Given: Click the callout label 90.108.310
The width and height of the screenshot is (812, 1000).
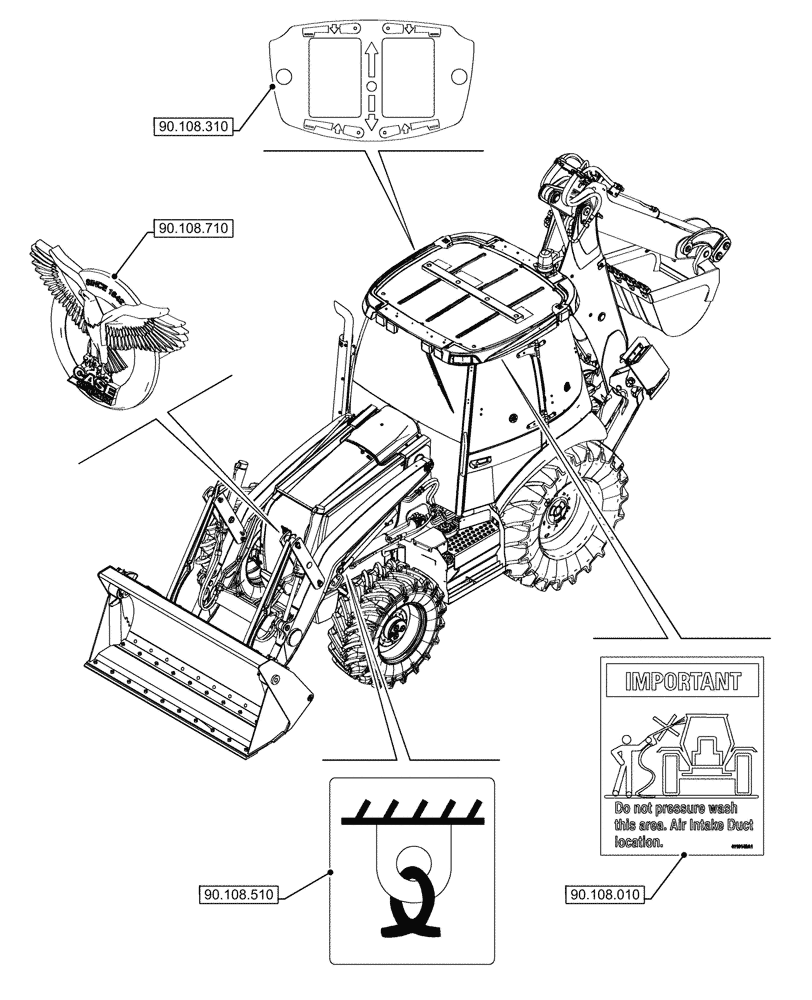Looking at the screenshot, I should click(x=193, y=127).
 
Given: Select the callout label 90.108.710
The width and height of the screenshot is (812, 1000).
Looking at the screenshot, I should click(x=192, y=229).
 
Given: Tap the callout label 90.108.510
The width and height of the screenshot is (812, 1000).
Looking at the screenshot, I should click(x=236, y=892).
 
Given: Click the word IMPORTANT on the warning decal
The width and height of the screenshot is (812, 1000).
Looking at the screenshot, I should click(x=682, y=683).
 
